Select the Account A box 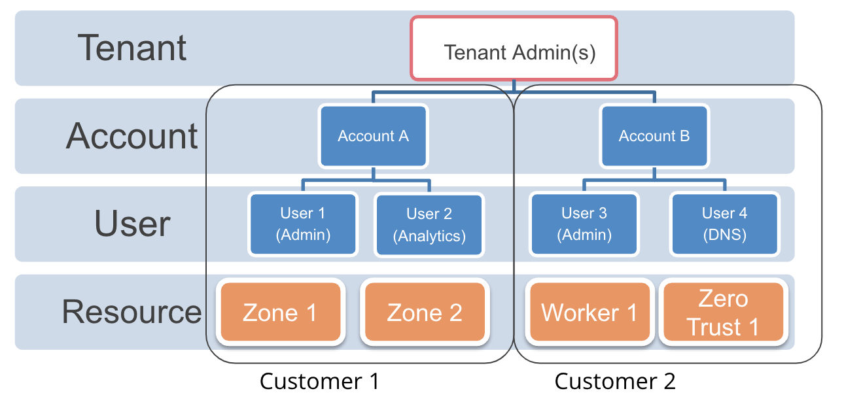tap(373, 136)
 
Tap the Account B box tap(654, 136)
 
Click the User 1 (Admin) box tap(303, 224)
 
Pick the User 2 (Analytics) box tap(429, 225)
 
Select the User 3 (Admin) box tap(584, 224)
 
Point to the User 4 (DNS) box tap(724, 224)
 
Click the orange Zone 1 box tap(280, 313)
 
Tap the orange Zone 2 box tap(425, 313)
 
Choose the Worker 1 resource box tap(589, 313)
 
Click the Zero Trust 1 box tap(723, 313)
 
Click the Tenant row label tap(133, 48)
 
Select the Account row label tap(132, 136)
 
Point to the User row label tap(133, 224)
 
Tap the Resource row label tap(132, 311)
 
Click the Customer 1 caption tap(319, 381)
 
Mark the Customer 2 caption tap(615, 381)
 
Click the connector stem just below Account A tap(373, 173)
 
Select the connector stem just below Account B tap(654, 173)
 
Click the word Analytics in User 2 tap(429, 236)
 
